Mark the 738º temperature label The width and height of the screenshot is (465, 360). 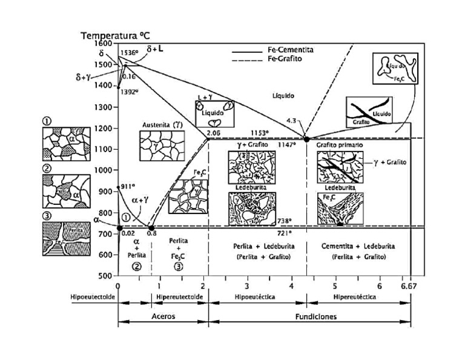click(x=284, y=221)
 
